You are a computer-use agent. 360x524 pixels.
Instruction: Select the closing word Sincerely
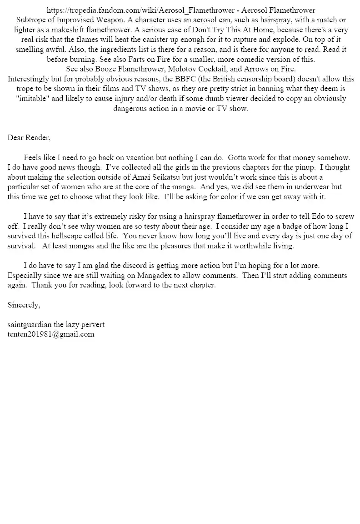(x=24, y=305)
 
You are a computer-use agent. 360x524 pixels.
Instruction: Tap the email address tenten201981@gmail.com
(x=51, y=334)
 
